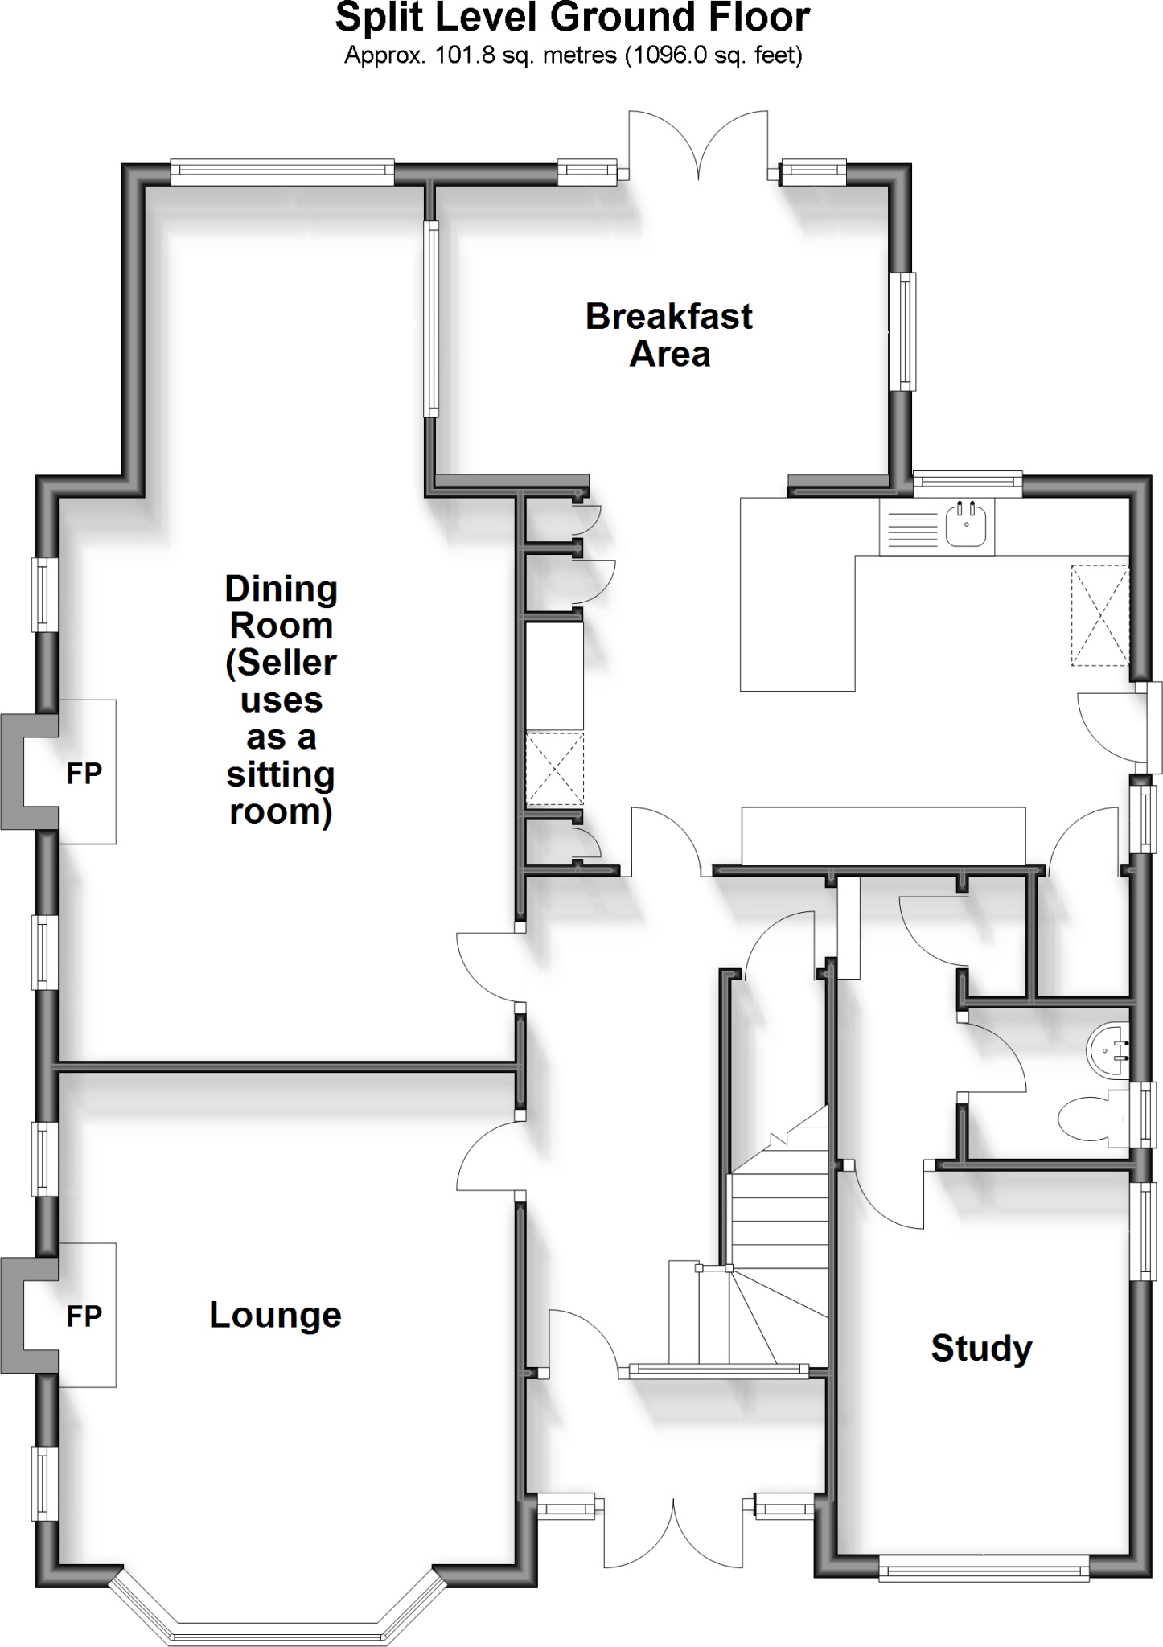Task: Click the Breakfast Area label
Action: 668,335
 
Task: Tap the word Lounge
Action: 275,1315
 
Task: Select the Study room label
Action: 981,1348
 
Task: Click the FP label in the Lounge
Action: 84,1316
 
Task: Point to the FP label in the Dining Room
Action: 84,774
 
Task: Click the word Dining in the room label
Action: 281,589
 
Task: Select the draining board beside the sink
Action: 910,527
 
